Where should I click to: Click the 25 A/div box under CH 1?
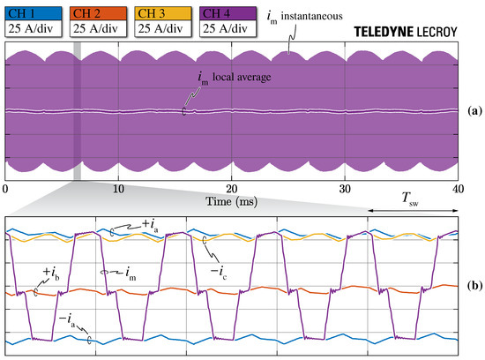point(34,29)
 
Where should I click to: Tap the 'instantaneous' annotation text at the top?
point(317,14)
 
